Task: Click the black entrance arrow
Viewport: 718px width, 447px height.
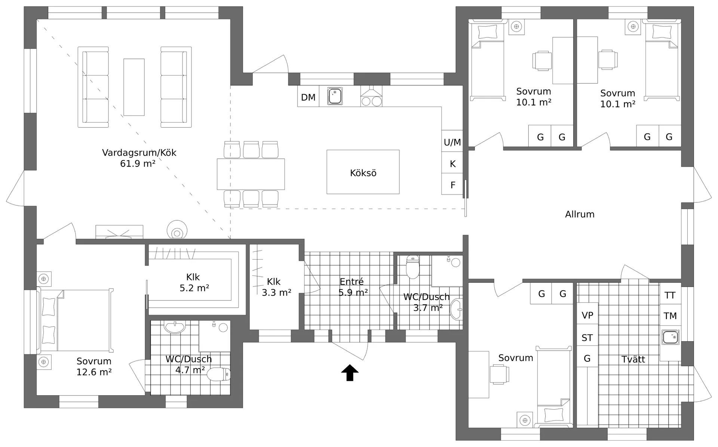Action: [350, 373]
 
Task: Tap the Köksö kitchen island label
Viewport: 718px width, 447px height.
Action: [363, 173]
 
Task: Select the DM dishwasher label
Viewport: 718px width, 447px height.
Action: [308, 97]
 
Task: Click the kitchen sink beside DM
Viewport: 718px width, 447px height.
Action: [334, 96]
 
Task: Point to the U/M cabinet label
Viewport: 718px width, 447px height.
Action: [452, 142]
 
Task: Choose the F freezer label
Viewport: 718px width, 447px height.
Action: [453, 185]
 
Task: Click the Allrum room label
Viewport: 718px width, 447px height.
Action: [580, 214]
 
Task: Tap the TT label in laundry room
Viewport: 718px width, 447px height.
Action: [670, 296]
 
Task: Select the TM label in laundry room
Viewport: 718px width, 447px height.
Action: [670, 316]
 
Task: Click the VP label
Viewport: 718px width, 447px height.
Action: [587, 315]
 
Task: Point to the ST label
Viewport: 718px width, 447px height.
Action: [587, 338]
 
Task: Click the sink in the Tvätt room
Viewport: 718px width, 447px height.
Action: [670, 337]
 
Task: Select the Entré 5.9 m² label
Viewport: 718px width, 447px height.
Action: [353, 287]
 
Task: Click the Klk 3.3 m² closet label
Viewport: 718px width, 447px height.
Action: [276, 287]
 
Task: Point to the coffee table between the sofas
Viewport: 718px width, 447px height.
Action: [134, 87]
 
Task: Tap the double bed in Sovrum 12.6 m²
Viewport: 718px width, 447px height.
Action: [75, 320]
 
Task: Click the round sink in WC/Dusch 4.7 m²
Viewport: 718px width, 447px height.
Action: [175, 327]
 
